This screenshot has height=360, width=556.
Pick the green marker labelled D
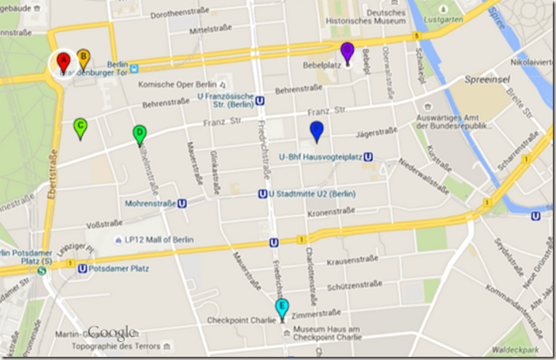(x=139, y=133)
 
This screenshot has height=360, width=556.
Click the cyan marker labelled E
(x=282, y=309)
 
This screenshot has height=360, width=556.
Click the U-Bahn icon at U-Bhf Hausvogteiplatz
(x=368, y=157)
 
